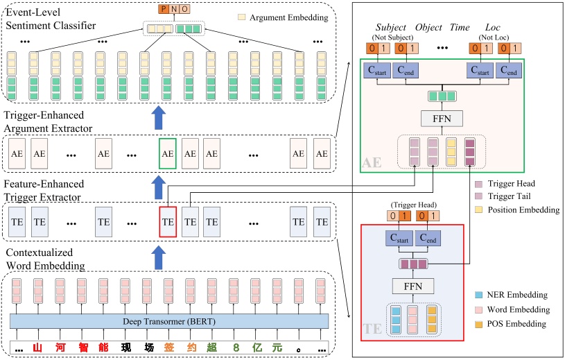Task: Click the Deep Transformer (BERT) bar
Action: pyautogui.click(x=169, y=320)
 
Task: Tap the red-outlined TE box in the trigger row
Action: pyautogui.click(x=167, y=222)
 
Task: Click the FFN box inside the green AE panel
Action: pyautogui.click(x=441, y=118)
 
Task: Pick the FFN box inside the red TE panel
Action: pyautogui.click(x=413, y=286)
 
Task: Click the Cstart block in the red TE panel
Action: pyautogui.click(x=398, y=238)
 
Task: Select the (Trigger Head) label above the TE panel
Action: pyautogui.click(x=413, y=205)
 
